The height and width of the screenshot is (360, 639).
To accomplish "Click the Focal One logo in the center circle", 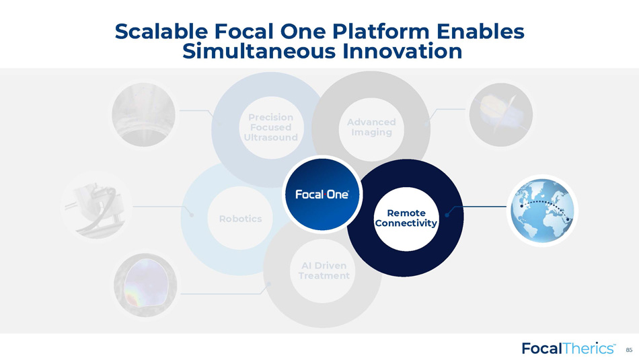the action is click(322, 194).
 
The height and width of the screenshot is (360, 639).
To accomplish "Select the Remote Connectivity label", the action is click(406, 218).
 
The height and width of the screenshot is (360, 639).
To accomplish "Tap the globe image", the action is click(542, 211).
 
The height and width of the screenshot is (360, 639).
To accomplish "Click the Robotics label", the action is click(240, 219).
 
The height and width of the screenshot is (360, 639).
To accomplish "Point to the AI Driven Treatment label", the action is click(324, 271).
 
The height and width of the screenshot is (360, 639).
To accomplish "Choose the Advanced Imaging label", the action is click(371, 127).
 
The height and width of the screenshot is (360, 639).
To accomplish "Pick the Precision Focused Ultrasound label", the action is click(270, 127).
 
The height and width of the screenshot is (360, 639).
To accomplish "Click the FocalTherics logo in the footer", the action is click(568, 349).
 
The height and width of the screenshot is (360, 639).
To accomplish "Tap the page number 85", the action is click(629, 350).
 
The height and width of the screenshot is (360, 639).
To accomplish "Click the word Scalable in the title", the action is click(162, 32).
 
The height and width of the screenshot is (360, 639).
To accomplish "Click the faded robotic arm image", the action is click(97, 207).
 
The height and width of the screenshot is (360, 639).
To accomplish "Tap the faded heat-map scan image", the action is click(145, 285).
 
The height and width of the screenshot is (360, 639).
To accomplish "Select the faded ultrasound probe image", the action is click(143, 114).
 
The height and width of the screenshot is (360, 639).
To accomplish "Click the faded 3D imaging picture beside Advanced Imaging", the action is click(501, 114).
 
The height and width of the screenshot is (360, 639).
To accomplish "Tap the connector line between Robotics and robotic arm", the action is click(163, 207).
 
